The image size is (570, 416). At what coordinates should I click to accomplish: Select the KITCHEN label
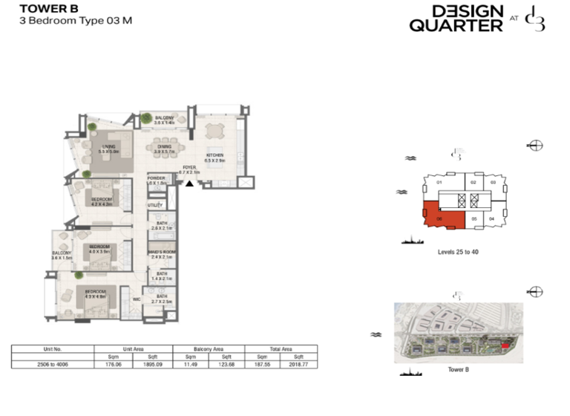(x=215, y=157)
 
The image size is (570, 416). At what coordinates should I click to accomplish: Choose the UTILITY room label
(x=155, y=205)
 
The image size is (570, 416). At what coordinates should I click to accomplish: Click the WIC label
(x=137, y=300)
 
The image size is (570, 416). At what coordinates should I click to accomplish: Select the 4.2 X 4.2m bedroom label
(x=102, y=201)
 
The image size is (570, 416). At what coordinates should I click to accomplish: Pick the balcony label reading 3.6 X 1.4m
(x=163, y=120)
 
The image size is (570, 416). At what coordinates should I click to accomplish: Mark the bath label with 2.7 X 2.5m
(x=162, y=299)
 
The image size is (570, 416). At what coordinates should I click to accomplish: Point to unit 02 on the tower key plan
(x=475, y=182)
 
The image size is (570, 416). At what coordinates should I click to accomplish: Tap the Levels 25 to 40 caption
(x=458, y=252)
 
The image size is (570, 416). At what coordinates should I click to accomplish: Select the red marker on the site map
(x=506, y=345)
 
